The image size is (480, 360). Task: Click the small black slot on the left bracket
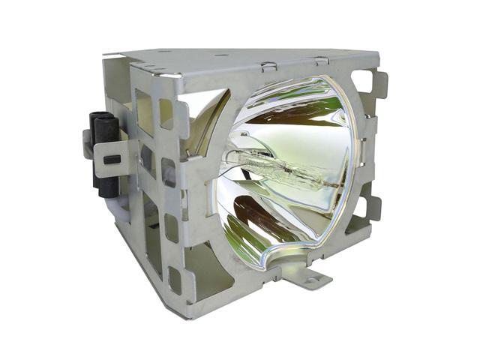point(110,159)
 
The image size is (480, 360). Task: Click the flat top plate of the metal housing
point(247,58)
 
